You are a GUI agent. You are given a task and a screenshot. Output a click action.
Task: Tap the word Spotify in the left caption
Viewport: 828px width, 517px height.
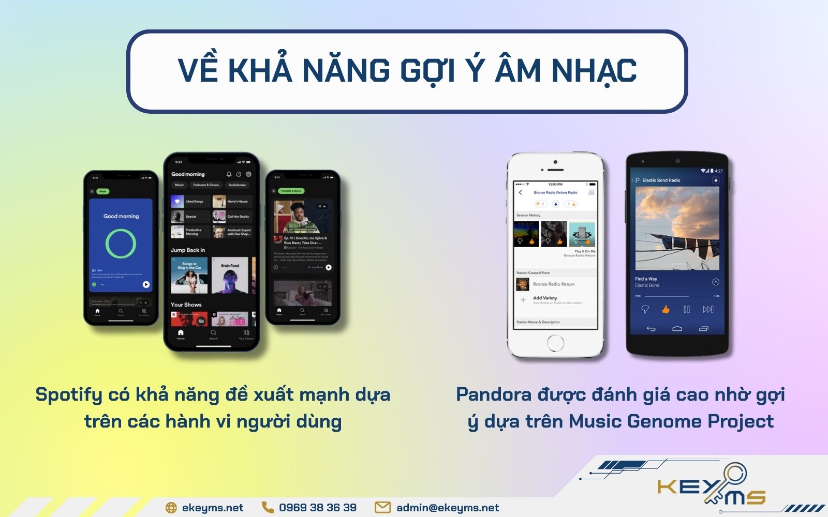(x=69, y=395)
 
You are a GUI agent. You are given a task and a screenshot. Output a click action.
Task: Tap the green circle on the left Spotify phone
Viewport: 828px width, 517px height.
(x=121, y=244)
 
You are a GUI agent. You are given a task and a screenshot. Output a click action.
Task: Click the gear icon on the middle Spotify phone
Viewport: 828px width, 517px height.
(x=248, y=174)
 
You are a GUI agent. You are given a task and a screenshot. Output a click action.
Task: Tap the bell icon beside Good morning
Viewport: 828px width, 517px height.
(x=229, y=174)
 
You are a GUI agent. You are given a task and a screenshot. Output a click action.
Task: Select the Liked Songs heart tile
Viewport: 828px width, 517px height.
(x=178, y=201)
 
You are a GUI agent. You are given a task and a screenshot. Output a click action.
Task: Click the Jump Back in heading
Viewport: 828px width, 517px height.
(x=188, y=250)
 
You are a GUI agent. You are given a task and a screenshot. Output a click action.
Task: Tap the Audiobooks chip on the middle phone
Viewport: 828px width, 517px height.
(x=237, y=185)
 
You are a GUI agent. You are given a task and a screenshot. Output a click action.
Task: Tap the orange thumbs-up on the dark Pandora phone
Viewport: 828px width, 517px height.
(x=666, y=309)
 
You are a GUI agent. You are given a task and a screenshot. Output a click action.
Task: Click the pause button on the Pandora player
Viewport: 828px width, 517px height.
(x=686, y=309)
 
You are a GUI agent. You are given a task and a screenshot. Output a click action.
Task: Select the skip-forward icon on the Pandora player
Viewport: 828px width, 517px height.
(x=707, y=309)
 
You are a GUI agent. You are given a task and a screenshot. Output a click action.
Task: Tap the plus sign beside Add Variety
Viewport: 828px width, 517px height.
(x=523, y=300)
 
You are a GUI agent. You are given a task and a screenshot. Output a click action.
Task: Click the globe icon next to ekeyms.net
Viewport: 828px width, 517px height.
(x=171, y=508)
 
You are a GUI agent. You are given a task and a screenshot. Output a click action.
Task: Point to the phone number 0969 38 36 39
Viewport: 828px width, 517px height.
(x=317, y=508)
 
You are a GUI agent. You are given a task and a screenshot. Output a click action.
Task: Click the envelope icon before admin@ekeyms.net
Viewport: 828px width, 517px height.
(x=382, y=508)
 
